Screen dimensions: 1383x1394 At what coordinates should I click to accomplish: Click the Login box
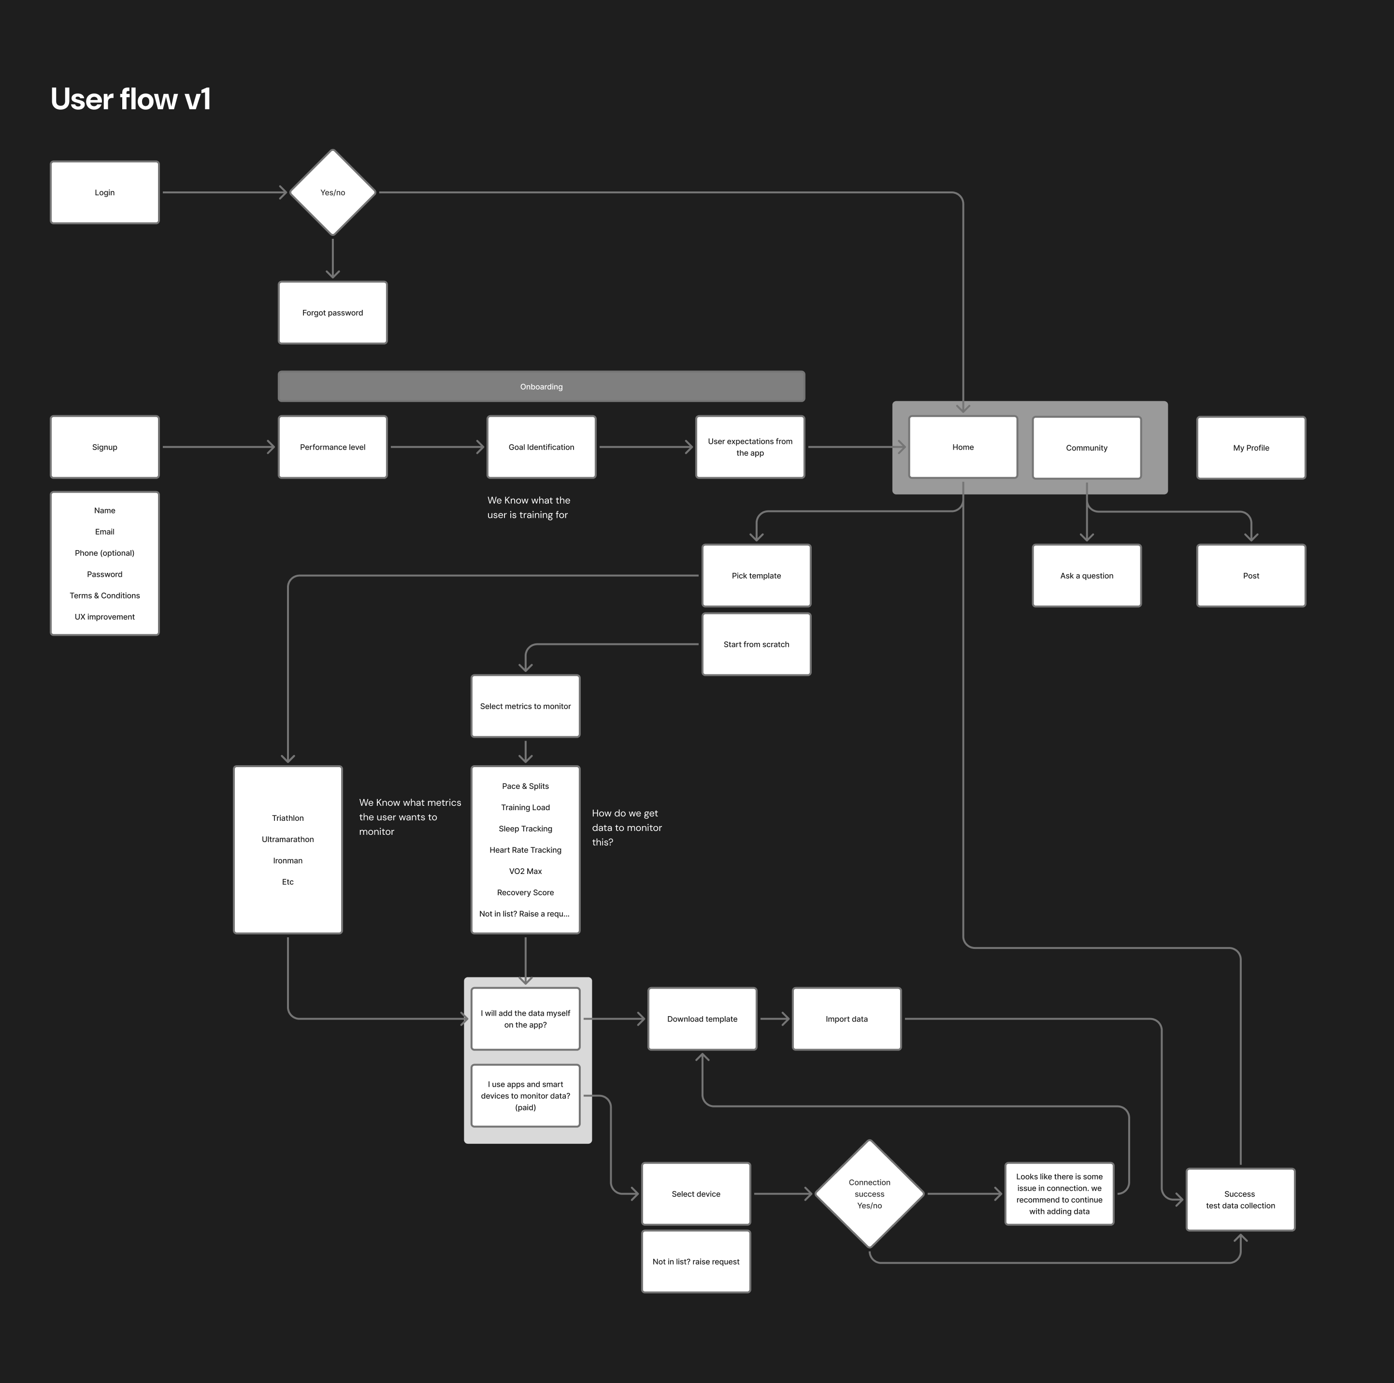coord(105,193)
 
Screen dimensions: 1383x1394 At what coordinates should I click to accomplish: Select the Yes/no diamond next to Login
coord(332,193)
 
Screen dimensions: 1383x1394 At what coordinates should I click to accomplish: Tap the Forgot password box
coord(332,313)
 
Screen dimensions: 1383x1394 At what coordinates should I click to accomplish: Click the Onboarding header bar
coord(541,387)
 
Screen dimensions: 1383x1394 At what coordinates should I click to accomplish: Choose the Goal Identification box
coord(541,447)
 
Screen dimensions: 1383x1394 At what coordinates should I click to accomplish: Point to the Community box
coord(1087,448)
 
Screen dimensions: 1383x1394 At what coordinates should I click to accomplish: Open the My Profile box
coord(1250,448)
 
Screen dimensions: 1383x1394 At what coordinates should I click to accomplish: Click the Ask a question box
coord(1087,575)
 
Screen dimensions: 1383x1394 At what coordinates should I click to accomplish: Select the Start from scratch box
coord(756,644)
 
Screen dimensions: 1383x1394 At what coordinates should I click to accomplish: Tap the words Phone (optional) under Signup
coord(105,553)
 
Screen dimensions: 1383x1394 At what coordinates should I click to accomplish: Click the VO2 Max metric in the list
coord(525,871)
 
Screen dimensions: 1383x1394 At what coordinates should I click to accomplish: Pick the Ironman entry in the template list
coord(288,860)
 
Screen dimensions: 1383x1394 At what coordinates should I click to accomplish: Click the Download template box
coord(702,1019)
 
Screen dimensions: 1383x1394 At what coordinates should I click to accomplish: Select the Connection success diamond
coord(869,1194)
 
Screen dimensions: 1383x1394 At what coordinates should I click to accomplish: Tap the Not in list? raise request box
coord(696,1262)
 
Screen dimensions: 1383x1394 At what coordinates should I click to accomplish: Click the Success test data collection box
coord(1240,1200)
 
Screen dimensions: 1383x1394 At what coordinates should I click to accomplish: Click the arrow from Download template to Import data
coord(774,1019)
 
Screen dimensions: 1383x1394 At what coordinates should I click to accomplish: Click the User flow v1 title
coord(130,100)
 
